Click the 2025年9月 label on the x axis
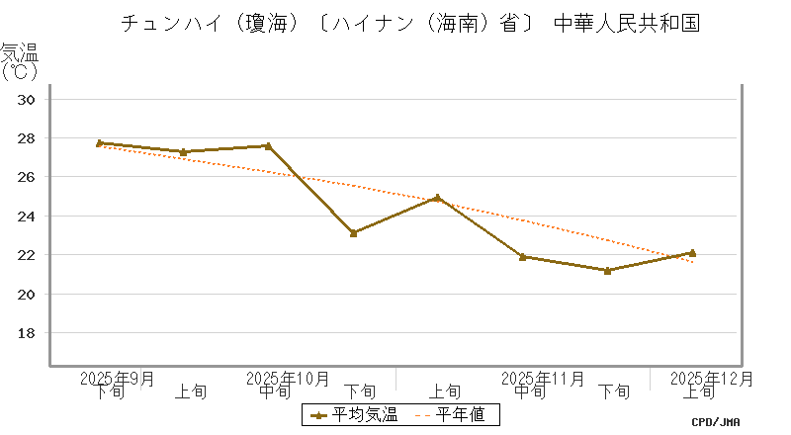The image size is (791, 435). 117,378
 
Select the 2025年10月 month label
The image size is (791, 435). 287,378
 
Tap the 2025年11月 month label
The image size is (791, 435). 543,378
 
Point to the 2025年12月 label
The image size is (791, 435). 712,378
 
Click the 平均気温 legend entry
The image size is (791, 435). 354,415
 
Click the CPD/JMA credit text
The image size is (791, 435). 717,422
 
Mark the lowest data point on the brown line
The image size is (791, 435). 607,271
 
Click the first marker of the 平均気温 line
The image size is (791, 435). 99,143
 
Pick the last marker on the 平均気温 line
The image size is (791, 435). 692,253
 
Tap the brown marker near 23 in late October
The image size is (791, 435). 353,233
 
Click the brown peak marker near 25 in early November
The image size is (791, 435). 437,198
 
